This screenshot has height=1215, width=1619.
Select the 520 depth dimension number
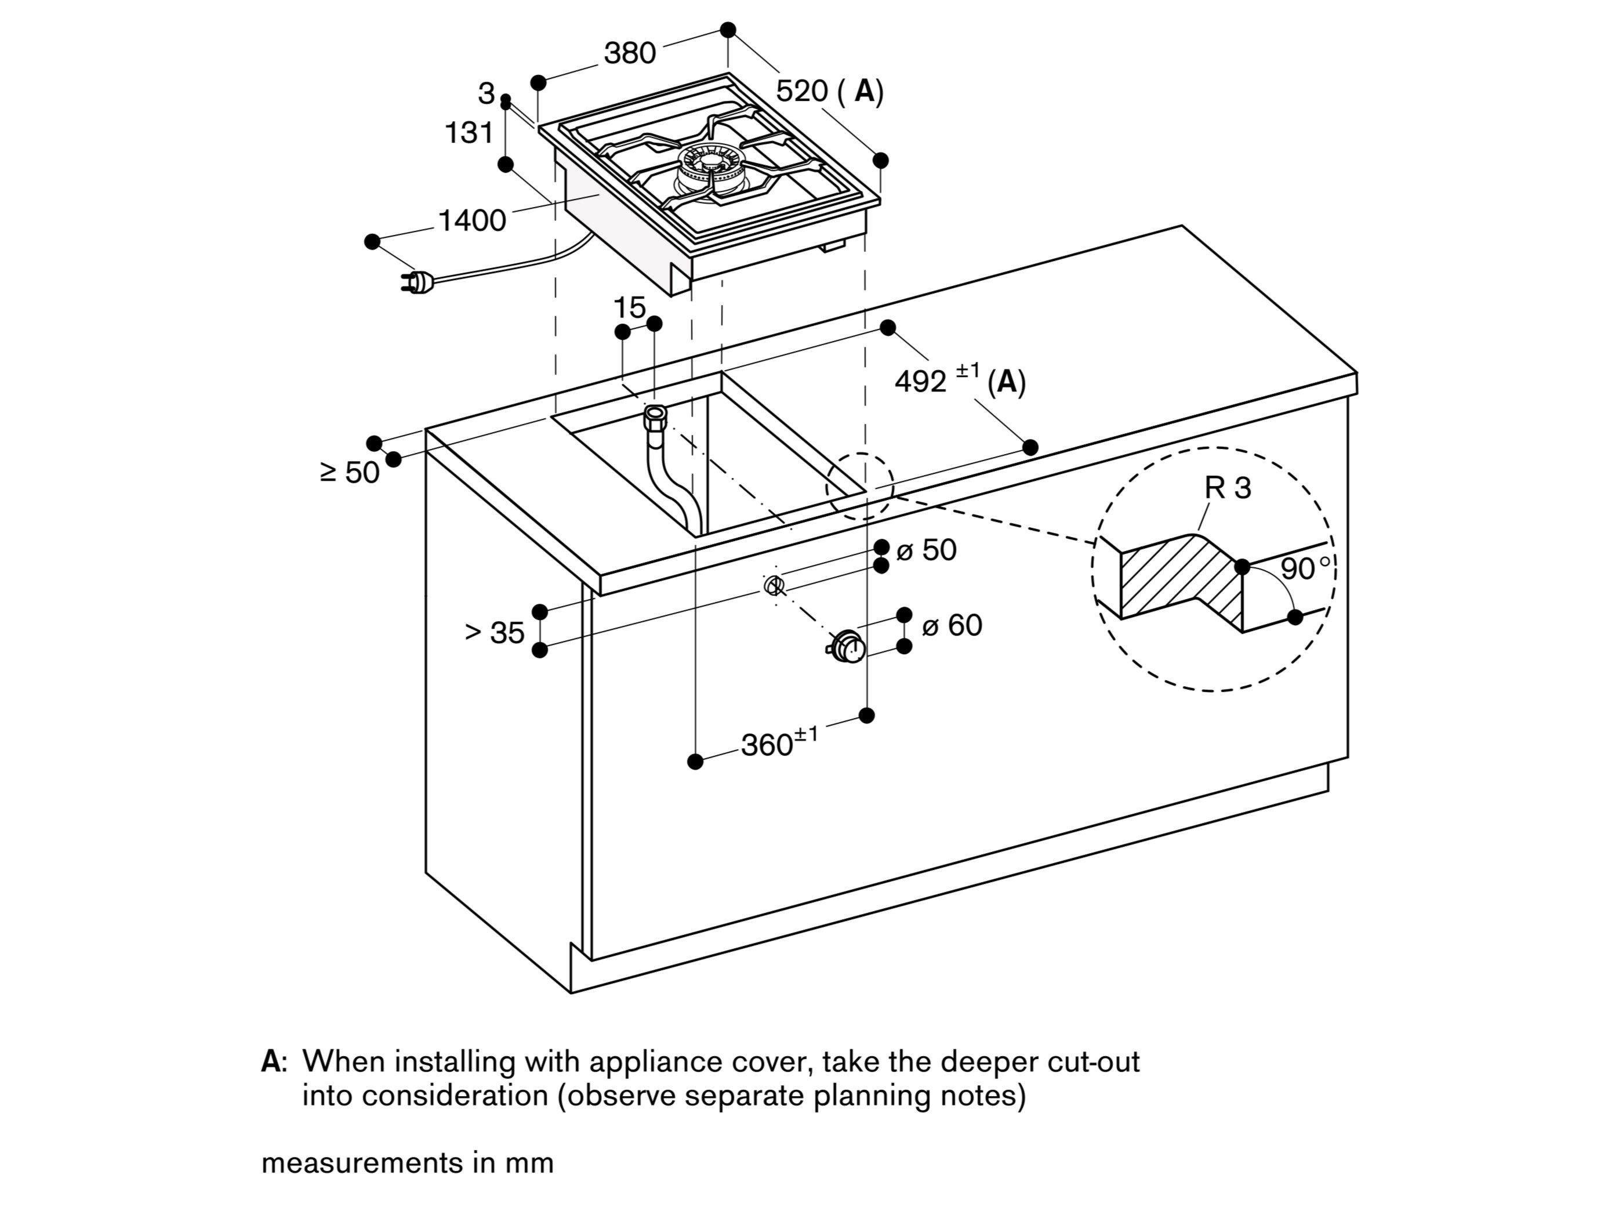point(802,92)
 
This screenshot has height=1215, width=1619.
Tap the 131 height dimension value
point(469,133)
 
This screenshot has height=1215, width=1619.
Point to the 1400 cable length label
point(472,220)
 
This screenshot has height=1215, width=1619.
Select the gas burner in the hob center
point(704,168)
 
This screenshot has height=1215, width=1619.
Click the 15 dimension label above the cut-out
point(629,307)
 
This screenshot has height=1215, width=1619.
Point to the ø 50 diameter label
point(927,550)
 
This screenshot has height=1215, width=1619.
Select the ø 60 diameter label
point(952,626)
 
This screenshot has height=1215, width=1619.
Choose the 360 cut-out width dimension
point(767,745)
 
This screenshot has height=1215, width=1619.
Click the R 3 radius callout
point(1228,488)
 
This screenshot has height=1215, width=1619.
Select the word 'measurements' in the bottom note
point(355,1163)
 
